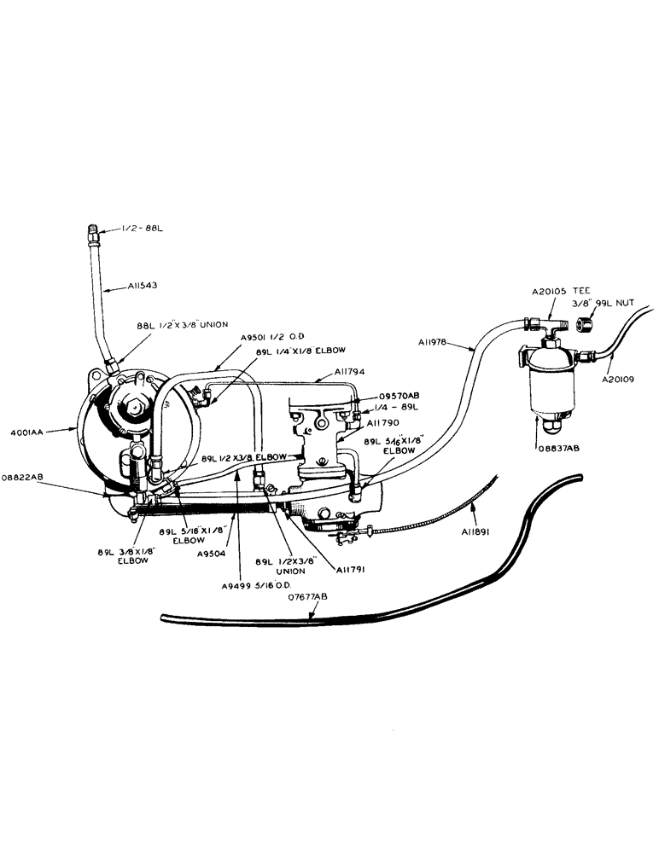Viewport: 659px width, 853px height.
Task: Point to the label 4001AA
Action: (x=29, y=433)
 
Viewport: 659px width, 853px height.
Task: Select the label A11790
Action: (x=382, y=422)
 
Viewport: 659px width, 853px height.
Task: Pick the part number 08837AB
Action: (x=560, y=446)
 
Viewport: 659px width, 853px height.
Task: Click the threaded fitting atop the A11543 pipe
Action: (x=93, y=231)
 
